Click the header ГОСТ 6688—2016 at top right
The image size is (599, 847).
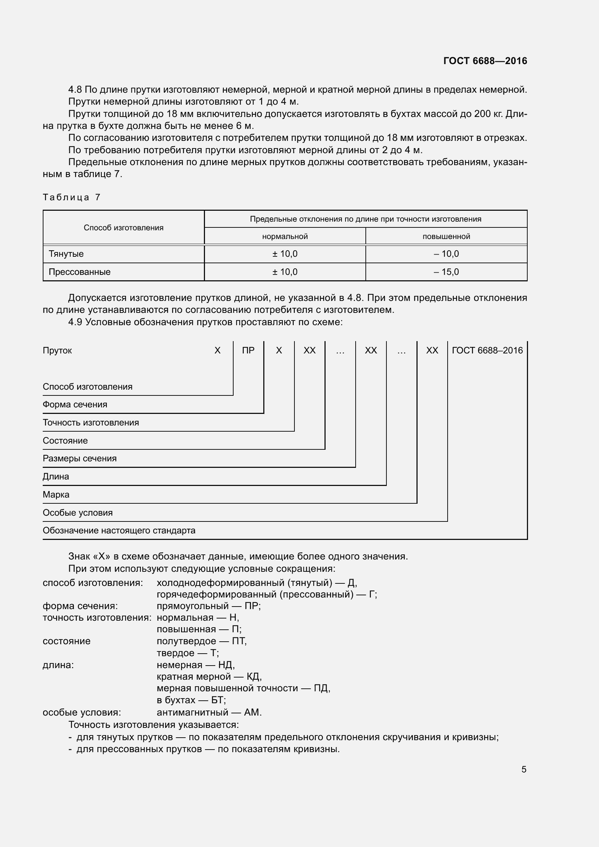(485, 61)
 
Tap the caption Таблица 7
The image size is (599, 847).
(71, 197)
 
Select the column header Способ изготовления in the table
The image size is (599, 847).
(123, 228)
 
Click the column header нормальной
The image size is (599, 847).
(285, 236)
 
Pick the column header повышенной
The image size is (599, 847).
(446, 236)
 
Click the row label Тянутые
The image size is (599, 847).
(66, 254)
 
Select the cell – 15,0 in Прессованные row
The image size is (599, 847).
(446, 272)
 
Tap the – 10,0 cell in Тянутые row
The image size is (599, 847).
(446, 254)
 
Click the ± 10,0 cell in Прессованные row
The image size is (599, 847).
(285, 272)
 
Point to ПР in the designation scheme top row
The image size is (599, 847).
(248, 351)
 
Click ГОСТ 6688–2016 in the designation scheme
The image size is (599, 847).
(487, 351)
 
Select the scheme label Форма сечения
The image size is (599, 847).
(75, 405)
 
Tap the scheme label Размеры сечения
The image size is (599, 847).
(80, 458)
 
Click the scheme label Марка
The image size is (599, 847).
(56, 495)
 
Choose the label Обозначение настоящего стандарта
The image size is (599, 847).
(119, 531)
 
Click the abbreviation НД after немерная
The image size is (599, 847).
(225, 665)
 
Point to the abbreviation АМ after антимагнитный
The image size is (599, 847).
(252, 712)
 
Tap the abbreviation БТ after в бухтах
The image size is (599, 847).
(217, 700)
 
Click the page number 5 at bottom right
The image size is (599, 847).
(524, 770)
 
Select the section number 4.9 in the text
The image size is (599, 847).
(75, 322)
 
